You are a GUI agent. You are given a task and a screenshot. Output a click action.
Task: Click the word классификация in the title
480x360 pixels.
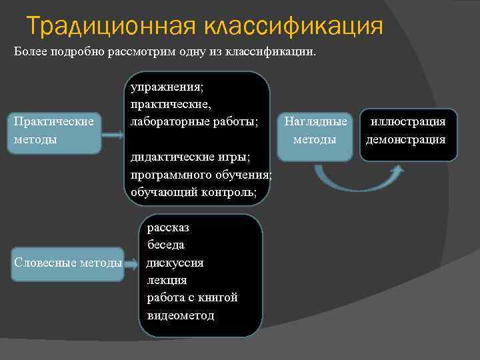coord(293,27)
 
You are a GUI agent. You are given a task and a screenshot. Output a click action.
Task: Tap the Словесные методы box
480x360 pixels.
coord(68,263)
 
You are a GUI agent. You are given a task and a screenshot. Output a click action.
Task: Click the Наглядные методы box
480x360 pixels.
coord(315,131)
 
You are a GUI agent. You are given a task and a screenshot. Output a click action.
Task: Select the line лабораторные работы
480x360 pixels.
coord(194,122)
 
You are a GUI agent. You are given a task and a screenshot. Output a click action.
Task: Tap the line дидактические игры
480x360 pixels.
coord(190,157)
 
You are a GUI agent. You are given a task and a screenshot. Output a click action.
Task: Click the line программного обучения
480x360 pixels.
coord(201,175)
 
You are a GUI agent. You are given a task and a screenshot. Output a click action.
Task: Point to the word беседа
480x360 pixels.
coord(166,245)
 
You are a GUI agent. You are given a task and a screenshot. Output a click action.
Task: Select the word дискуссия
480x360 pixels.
coord(175,263)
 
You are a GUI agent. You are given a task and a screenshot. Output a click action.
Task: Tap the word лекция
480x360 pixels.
coord(167,280)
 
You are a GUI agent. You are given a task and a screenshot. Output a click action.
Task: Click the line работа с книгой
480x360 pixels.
coord(192,297)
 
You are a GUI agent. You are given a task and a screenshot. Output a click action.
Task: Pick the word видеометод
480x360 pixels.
coord(181,315)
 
